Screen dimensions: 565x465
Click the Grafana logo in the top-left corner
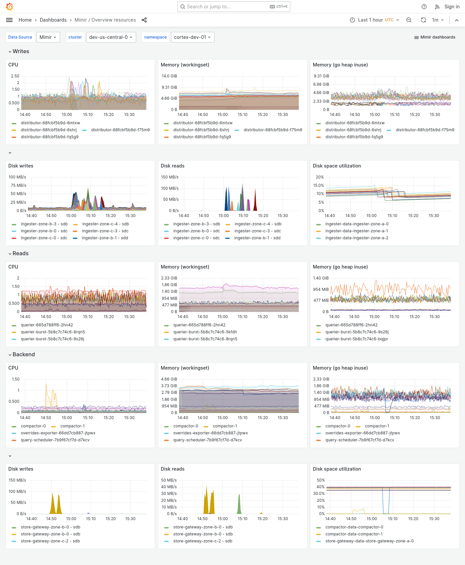point(10,7)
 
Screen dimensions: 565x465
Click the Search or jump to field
point(226,7)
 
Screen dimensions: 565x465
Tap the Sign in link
point(452,7)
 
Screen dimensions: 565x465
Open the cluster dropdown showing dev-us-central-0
point(111,37)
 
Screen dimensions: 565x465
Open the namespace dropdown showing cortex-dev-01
point(192,37)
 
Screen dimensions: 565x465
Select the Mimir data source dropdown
point(48,37)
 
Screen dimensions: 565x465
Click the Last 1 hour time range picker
point(374,20)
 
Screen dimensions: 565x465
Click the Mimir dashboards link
point(435,37)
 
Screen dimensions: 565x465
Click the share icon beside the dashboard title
point(144,20)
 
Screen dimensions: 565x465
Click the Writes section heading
point(21,52)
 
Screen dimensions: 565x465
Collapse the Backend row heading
point(23,355)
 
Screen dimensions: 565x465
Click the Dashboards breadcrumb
point(53,20)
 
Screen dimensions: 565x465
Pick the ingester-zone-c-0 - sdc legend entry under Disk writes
point(44,238)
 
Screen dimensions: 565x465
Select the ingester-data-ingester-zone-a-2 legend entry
point(357,238)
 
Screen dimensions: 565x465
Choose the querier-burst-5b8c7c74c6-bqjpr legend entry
point(357,339)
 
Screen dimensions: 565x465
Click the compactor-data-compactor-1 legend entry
point(354,534)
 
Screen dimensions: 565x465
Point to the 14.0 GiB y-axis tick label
point(169,76)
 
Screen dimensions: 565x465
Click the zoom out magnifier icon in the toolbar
point(409,20)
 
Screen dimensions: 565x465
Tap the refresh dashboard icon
point(423,20)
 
